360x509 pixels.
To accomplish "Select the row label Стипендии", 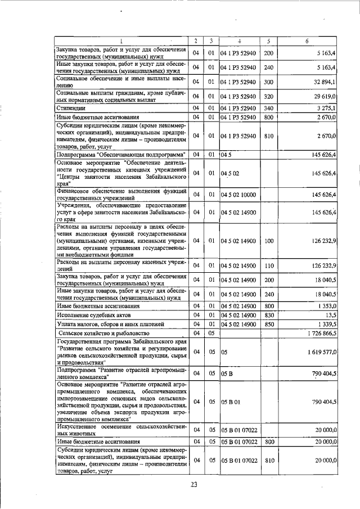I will [x=71, y=107].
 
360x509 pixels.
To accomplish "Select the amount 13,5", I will [x=331, y=316].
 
